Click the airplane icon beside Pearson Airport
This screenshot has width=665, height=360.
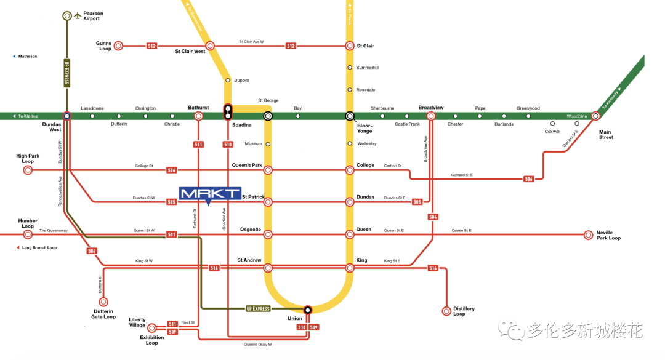(78, 15)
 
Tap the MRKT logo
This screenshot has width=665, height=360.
(209, 193)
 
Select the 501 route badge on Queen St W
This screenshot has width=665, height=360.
(172, 234)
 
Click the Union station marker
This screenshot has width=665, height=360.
(308, 310)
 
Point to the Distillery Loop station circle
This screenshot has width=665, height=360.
(447, 311)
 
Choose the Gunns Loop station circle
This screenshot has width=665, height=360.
(119, 46)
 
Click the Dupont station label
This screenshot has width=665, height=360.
(241, 80)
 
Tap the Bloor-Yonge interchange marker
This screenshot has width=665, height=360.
(350, 116)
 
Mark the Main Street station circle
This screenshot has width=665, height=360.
(596, 116)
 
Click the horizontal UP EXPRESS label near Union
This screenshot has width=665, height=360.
(258, 308)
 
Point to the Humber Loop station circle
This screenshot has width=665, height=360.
(28, 234)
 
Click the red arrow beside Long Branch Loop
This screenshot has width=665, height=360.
(18, 247)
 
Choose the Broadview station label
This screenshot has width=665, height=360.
(430, 107)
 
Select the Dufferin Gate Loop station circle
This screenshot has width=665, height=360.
(103, 302)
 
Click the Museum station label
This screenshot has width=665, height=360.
(253, 143)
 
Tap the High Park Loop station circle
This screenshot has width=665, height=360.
(28, 170)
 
